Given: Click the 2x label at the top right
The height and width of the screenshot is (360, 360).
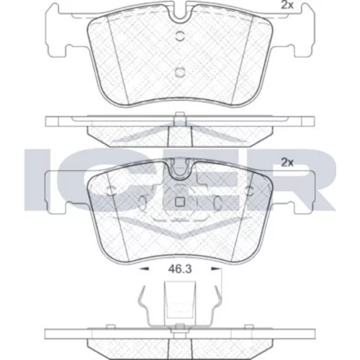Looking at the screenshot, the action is click(x=287, y=5).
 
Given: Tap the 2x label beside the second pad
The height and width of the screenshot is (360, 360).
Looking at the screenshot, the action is click(x=287, y=163).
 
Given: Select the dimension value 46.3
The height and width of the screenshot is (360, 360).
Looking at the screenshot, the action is click(x=180, y=269).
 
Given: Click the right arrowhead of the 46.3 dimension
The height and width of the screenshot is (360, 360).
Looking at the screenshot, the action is click(x=216, y=269).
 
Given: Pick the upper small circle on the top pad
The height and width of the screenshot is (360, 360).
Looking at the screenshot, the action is click(x=180, y=36).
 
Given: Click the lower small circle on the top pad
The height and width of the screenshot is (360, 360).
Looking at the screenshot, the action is click(x=180, y=72).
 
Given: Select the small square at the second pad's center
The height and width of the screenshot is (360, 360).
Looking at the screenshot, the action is click(x=180, y=202).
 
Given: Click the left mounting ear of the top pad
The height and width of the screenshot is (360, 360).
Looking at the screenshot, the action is click(x=58, y=31).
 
